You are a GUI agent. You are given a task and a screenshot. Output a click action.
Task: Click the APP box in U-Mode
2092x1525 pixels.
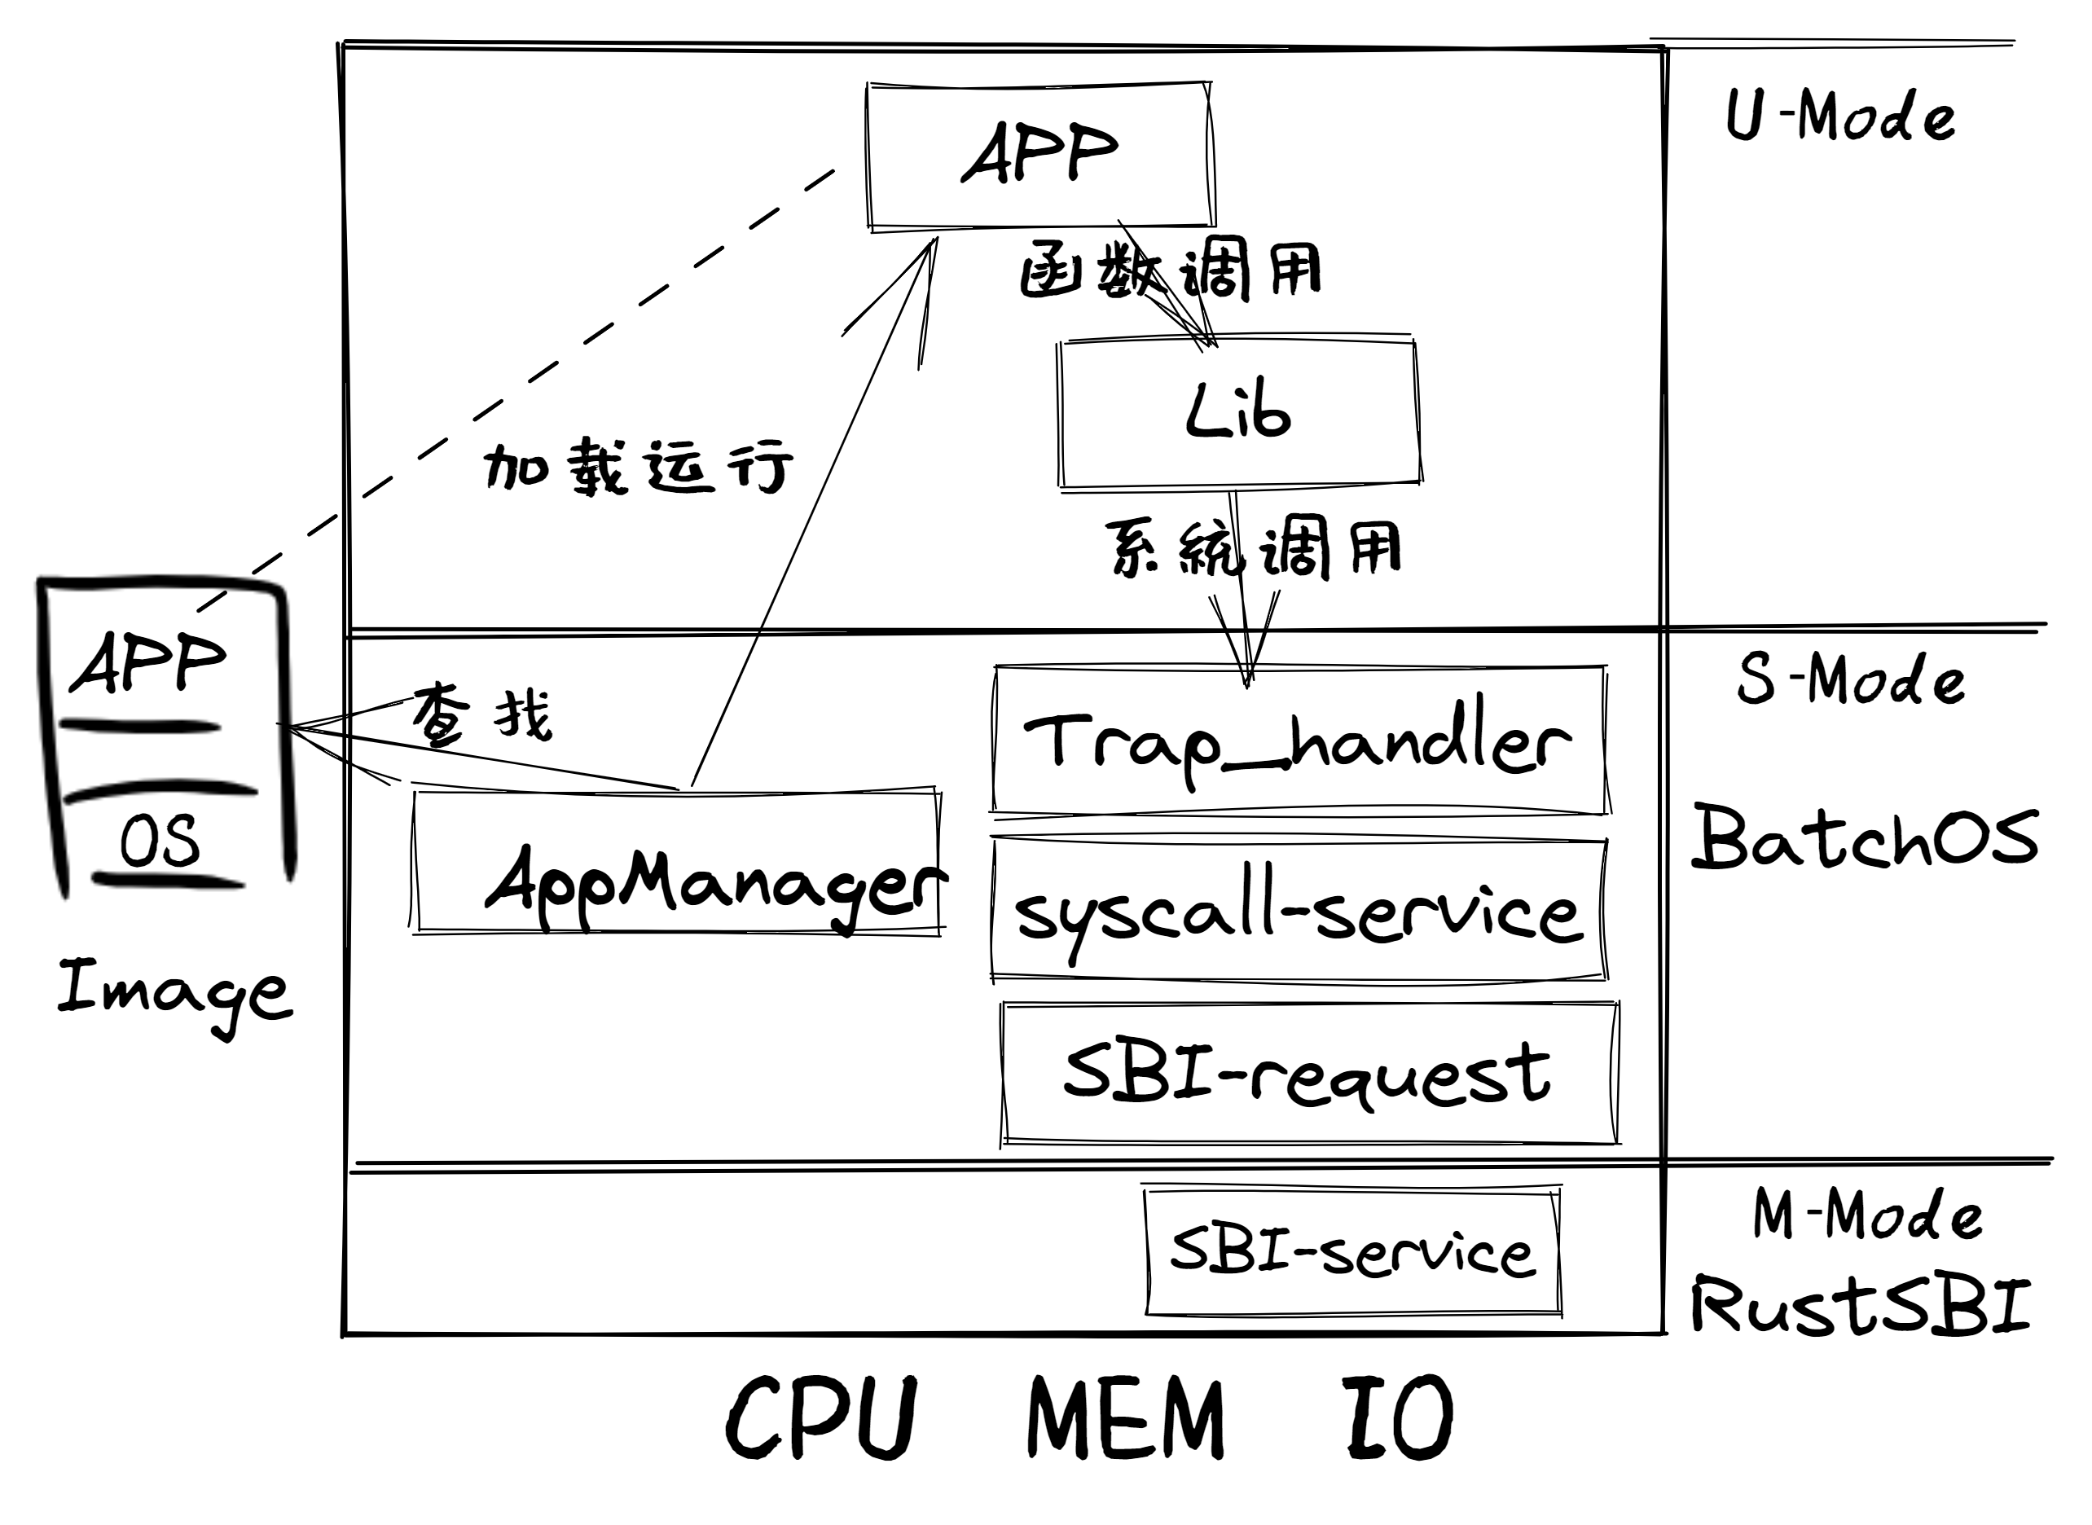1039,154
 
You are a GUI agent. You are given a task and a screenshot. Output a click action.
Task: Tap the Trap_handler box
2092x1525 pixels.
1299,741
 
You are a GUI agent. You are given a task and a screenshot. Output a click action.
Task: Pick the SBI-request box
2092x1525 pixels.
1309,1074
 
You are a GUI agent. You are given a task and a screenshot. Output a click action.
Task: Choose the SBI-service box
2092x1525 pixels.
1352,1252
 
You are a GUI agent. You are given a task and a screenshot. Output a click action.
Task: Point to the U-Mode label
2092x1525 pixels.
1840,117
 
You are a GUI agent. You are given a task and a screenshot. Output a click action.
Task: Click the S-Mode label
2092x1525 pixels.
1850,679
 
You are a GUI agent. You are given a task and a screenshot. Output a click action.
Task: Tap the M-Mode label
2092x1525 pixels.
1866,1214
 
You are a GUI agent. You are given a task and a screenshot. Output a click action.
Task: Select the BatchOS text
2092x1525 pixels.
1864,837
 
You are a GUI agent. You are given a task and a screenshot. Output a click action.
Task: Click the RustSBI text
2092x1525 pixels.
1861,1305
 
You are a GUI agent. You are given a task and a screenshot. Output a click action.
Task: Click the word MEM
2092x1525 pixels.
1125,1418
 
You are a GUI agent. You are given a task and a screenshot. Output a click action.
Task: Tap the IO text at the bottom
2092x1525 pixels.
1398,1418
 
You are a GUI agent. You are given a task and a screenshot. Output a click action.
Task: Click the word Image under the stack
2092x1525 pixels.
174,993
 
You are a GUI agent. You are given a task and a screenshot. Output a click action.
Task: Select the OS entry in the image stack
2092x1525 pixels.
159,841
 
